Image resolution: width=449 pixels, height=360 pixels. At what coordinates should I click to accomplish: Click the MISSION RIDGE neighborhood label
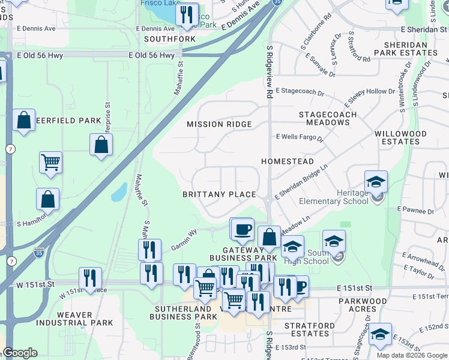[218, 124]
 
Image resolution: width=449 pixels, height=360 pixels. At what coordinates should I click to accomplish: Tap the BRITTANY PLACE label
[219, 194]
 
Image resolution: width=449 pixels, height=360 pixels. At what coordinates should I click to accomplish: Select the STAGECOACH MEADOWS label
[328, 118]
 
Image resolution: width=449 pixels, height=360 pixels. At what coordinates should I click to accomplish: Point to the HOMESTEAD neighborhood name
[287, 162]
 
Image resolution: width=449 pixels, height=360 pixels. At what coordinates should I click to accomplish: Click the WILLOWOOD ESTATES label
[400, 137]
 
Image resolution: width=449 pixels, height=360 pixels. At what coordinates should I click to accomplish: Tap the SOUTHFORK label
[170, 39]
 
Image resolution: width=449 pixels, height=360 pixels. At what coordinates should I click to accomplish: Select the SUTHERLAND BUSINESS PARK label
[183, 313]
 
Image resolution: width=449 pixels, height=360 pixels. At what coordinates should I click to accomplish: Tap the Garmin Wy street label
[184, 239]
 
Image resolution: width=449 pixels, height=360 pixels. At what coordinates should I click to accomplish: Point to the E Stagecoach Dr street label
[300, 94]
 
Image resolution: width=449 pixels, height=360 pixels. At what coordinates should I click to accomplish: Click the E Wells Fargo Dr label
[300, 138]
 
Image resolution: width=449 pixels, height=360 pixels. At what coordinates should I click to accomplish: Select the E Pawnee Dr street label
[415, 211]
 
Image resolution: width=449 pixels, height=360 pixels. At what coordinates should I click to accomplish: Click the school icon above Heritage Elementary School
[376, 182]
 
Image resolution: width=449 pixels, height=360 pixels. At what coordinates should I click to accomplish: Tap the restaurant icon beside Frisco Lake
[187, 14]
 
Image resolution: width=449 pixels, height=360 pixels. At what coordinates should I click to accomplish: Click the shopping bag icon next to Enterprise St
[101, 145]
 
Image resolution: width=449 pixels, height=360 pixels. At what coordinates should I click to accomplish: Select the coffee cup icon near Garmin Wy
[243, 229]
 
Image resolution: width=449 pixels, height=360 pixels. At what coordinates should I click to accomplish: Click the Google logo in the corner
[20, 353]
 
